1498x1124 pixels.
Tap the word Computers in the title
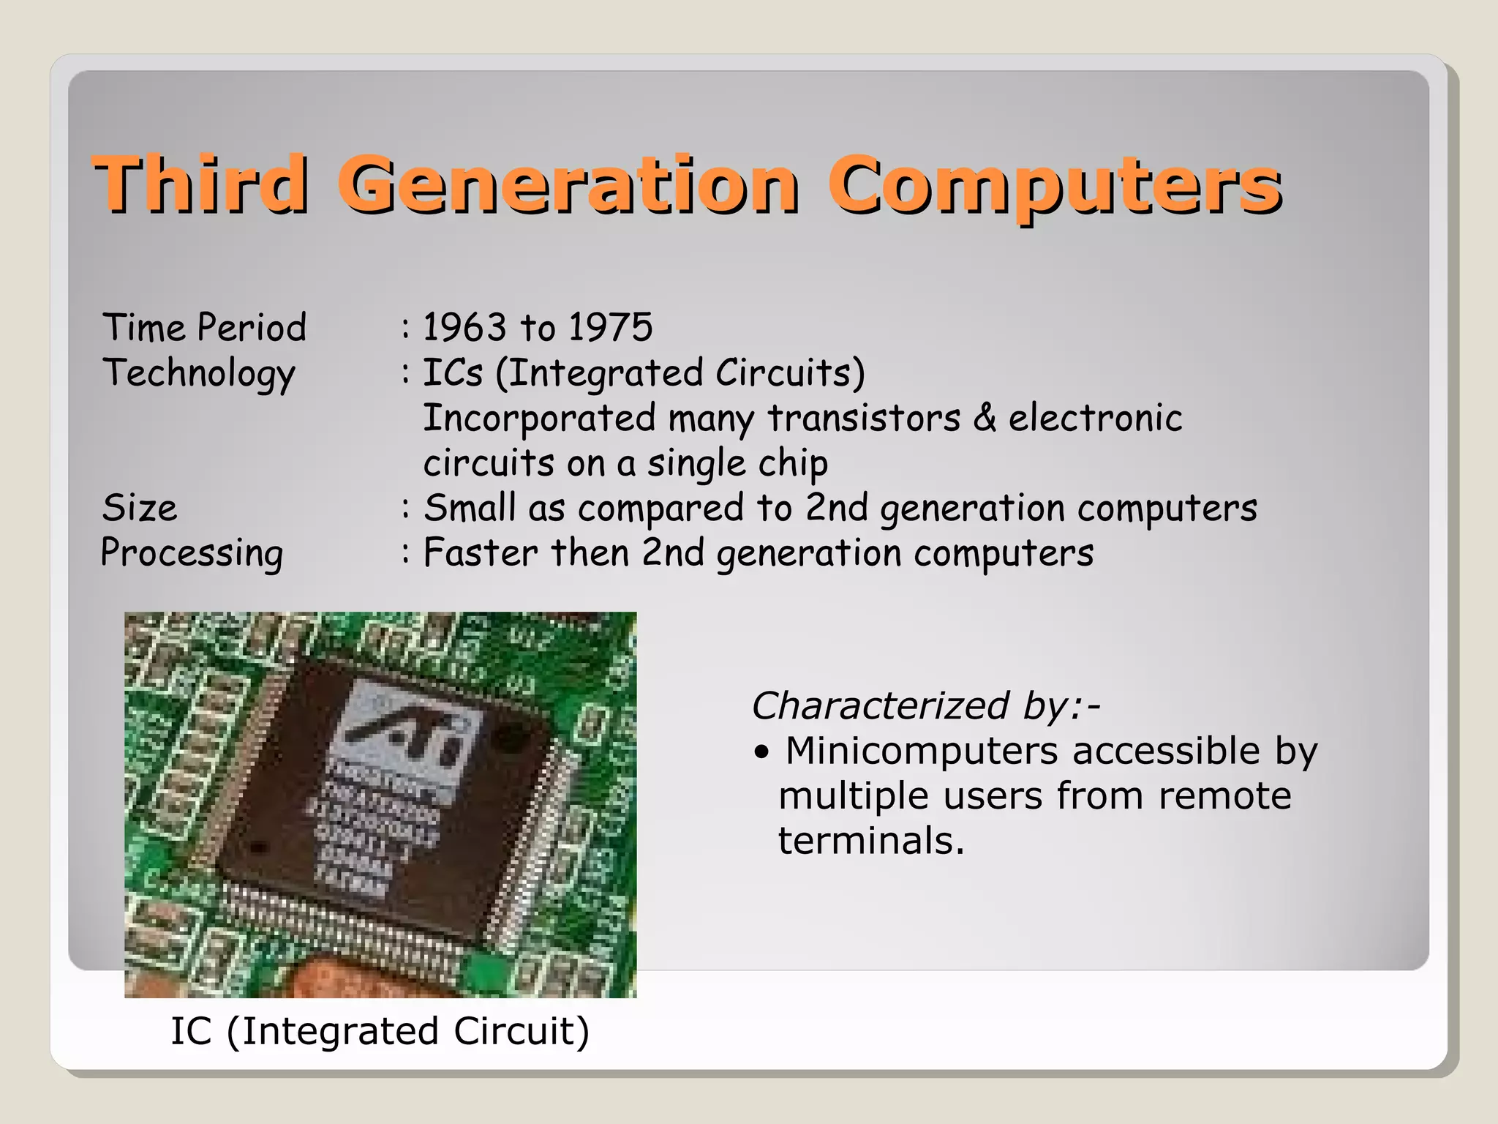click(1054, 184)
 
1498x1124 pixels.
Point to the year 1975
click(610, 327)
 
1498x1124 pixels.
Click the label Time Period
click(204, 327)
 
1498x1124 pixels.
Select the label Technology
click(199, 373)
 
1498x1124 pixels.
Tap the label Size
click(140, 508)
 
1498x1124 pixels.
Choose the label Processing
click(192, 553)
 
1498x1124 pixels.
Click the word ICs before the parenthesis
click(453, 372)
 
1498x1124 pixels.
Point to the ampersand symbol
click(985, 418)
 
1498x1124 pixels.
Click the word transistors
click(864, 419)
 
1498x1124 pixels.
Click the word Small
click(470, 508)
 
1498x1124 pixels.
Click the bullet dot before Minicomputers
click(762, 752)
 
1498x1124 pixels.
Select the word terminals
click(870, 841)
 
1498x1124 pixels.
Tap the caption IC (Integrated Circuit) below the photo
click(380, 1031)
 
